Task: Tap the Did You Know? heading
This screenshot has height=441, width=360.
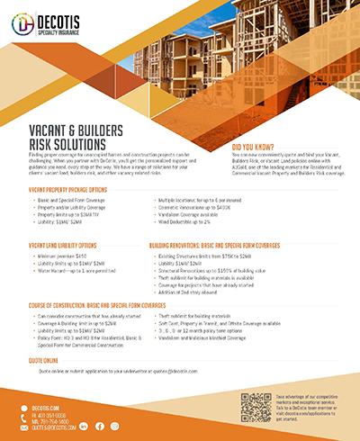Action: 259,146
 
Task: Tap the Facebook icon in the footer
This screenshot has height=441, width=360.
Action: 100,426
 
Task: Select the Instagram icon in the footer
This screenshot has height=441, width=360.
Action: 114,426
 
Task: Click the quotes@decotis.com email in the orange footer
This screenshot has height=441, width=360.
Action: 53,427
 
